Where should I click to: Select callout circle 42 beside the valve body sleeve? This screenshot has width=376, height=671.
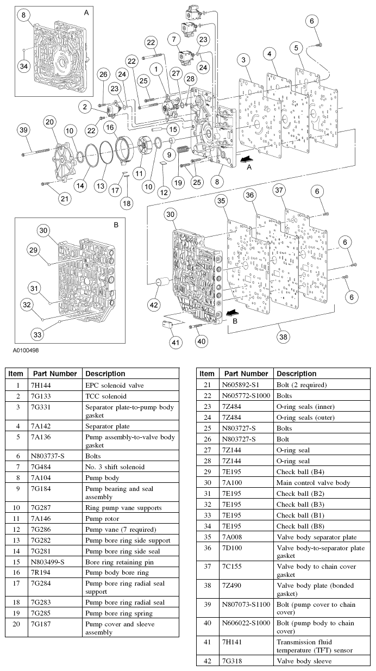[x=153, y=305]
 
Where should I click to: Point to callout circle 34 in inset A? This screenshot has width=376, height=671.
[x=23, y=66]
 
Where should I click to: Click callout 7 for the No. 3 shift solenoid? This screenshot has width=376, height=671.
[x=174, y=39]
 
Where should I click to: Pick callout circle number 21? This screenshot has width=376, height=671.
[x=65, y=198]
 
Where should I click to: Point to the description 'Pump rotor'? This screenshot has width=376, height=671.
[x=102, y=518]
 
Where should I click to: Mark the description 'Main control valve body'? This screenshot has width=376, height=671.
[x=313, y=483]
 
